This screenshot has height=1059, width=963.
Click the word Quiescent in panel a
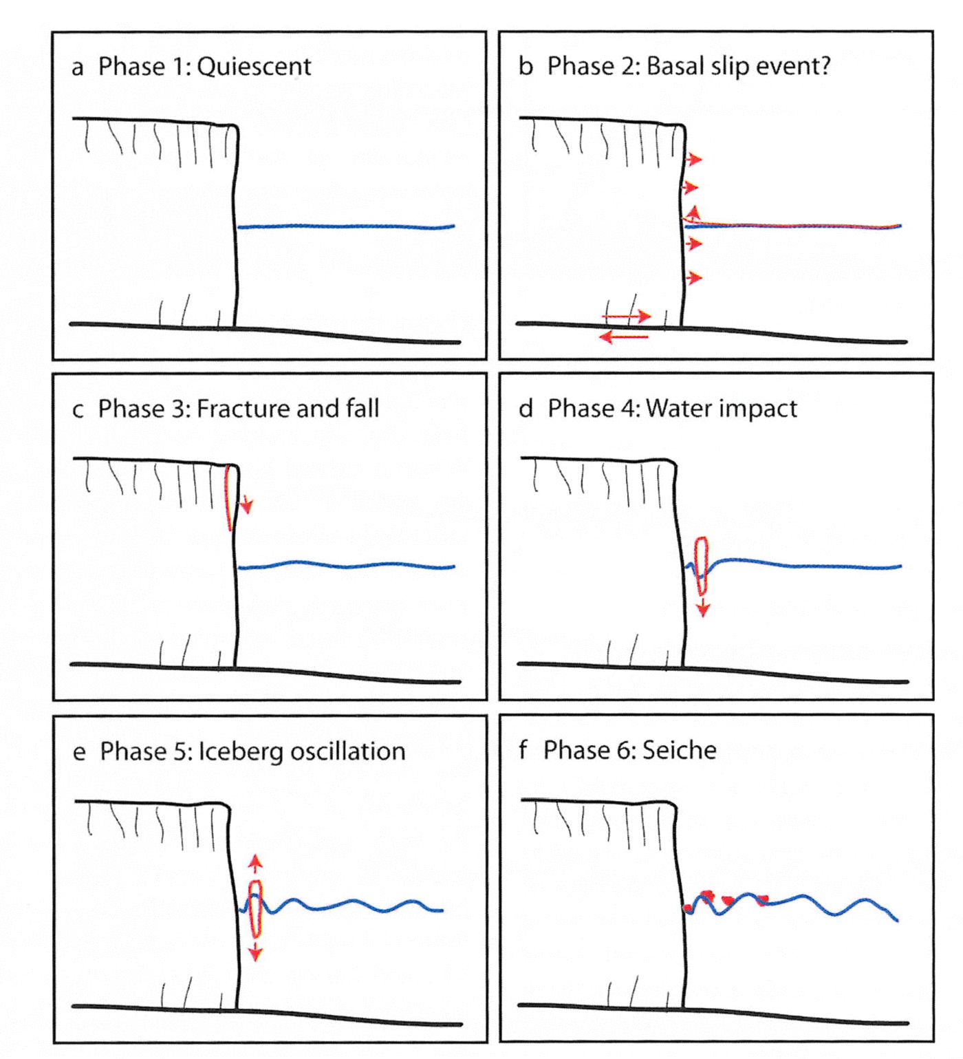(x=254, y=67)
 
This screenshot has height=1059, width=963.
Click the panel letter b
(x=526, y=67)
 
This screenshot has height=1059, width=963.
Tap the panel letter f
(x=523, y=749)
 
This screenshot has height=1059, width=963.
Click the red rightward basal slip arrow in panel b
(x=627, y=316)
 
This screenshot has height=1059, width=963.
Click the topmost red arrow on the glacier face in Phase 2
(x=693, y=160)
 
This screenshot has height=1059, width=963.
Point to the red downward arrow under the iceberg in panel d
(x=702, y=607)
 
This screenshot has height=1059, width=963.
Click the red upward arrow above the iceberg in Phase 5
(x=255, y=864)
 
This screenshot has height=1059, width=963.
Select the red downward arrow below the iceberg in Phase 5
(x=255, y=952)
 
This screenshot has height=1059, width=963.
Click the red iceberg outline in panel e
(x=255, y=908)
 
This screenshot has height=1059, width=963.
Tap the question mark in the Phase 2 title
(x=824, y=66)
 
